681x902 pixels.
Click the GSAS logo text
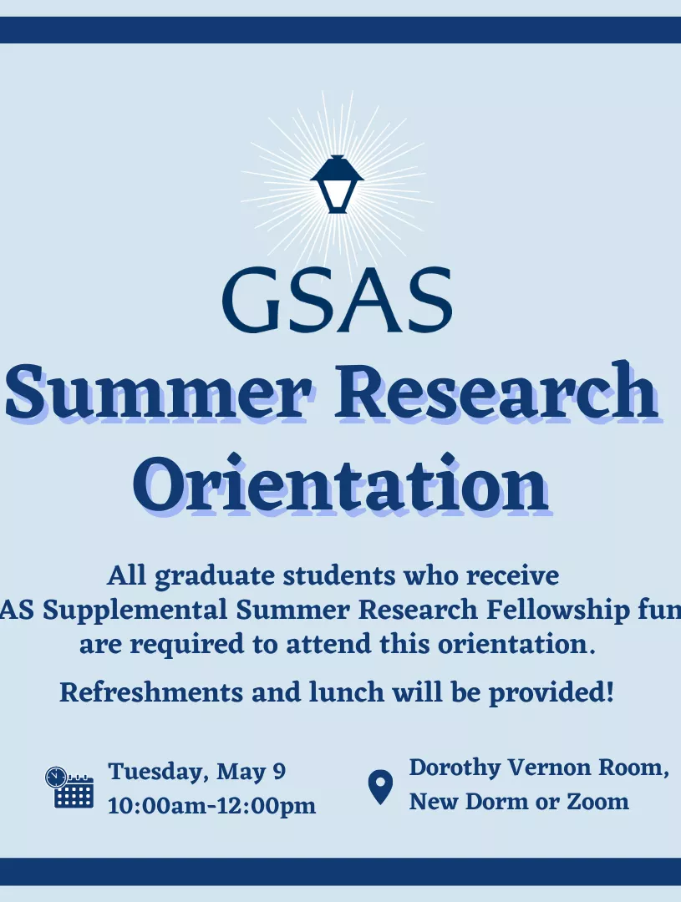click(337, 299)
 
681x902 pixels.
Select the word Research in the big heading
click(495, 391)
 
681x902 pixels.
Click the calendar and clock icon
click(69, 787)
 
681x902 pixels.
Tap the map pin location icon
click(380, 787)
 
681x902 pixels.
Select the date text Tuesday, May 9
click(197, 772)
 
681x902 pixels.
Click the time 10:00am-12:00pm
click(211, 807)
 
